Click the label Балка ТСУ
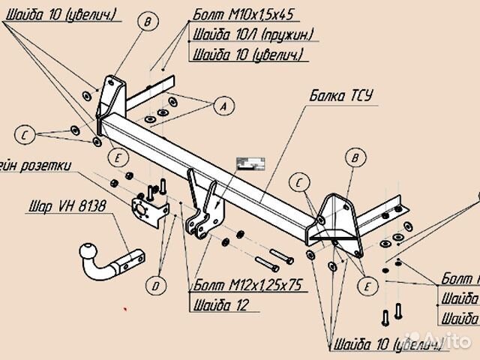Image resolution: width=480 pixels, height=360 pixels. click(340, 96)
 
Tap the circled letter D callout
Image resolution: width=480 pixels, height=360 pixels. click(156, 285)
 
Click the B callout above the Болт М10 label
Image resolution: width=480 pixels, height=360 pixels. click(148, 22)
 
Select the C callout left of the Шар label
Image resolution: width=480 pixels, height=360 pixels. click(25, 135)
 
